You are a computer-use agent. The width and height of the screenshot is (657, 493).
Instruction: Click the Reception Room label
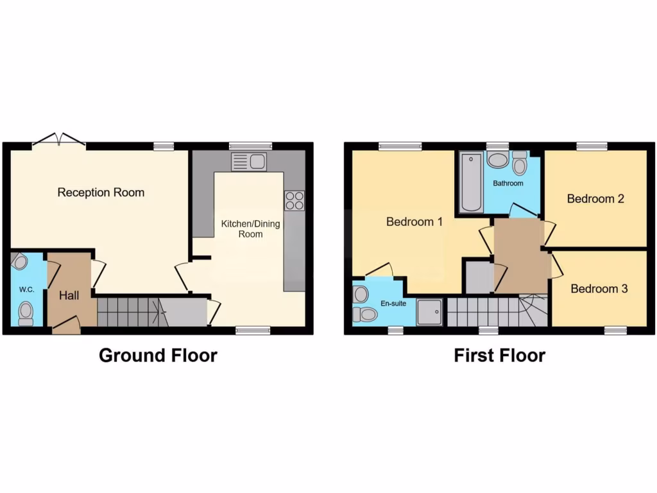click(x=101, y=193)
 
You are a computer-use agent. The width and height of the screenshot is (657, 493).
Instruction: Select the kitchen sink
click(x=249, y=161)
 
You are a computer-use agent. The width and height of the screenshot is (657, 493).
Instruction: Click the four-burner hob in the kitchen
click(x=294, y=200)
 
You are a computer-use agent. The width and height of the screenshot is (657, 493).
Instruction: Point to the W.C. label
click(x=26, y=290)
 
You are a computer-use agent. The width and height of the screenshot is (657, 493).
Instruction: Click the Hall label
click(x=69, y=296)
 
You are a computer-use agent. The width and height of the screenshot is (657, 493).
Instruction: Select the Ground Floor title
click(x=158, y=355)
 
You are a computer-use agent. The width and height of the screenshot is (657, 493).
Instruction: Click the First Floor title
click(x=500, y=355)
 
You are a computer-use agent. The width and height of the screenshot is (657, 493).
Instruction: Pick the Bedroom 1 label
click(x=414, y=222)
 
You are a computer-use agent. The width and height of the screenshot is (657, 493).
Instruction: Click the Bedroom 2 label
click(x=595, y=199)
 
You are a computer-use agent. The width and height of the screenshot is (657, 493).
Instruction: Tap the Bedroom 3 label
click(x=599, y=289)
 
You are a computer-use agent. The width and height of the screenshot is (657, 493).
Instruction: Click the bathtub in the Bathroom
click(x=470, y=182)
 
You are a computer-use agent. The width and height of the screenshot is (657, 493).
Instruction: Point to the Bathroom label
click(x=508, y=184)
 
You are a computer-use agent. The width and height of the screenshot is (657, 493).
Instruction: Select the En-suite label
click(x=393, y=303)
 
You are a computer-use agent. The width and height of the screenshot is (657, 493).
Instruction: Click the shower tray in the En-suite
click(x=429, y=312)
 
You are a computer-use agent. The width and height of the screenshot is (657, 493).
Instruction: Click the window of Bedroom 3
click(x=615, y=331)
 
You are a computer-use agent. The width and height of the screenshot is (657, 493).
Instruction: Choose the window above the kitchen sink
click(x=250, y=146)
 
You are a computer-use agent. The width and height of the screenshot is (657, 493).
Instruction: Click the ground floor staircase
click(x=132, y=312)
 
